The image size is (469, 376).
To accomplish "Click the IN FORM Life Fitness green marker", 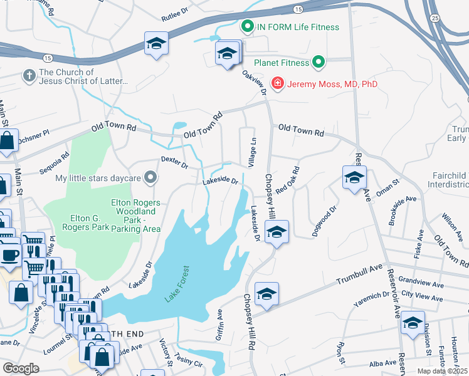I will [247, 27].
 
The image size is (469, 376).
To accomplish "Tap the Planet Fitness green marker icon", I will [319, 63].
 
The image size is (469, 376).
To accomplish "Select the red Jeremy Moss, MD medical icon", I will [277, 83].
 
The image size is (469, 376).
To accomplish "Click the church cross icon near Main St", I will [28, 76].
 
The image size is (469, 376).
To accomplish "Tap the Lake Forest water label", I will [177, 285].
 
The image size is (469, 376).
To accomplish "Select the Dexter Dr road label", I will [174, 163].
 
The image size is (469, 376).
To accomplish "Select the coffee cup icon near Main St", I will [9, 255].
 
